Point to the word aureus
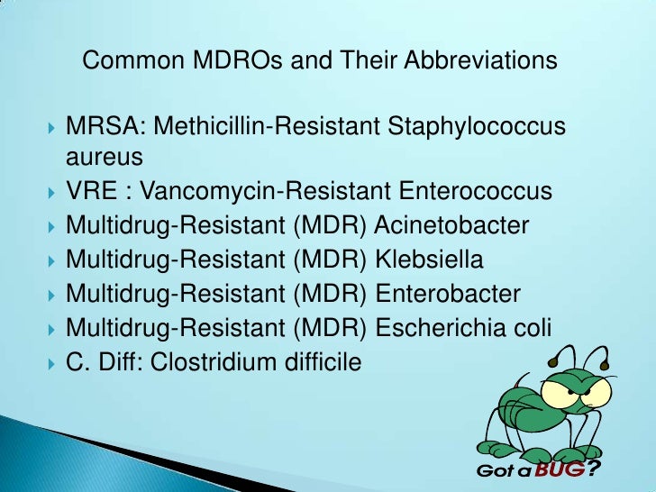click(105, 158)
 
